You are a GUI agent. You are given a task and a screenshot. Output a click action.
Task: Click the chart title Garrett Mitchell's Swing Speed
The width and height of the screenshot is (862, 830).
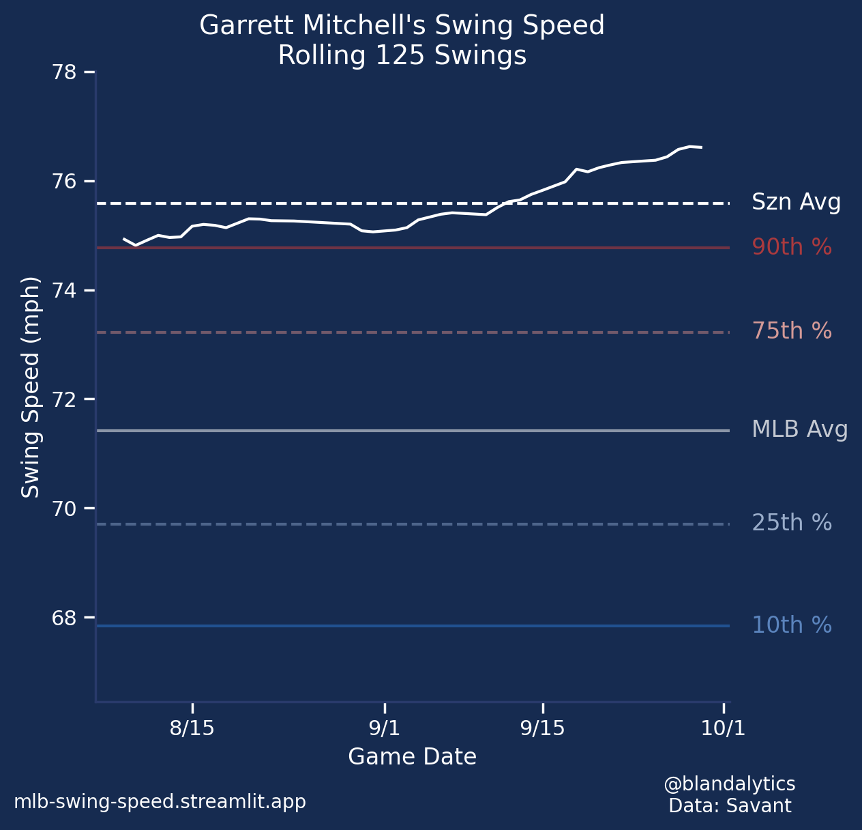click(x=402, y=26)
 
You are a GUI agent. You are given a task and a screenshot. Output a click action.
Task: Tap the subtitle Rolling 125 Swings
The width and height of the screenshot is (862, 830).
click(x=402, y=56)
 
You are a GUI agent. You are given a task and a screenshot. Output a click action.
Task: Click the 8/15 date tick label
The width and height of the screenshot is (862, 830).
click(x=192, y=728)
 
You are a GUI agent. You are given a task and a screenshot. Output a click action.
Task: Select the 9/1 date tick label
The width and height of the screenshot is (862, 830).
click(x=385, y=728)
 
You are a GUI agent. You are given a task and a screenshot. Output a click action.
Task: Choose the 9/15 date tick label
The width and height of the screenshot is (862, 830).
click(x=542, y=728)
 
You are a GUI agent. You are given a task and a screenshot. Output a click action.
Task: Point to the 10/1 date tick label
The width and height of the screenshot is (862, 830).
click(x=723, y=728)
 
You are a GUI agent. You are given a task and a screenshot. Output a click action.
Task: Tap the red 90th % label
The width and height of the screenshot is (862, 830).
click(x=792, y=247)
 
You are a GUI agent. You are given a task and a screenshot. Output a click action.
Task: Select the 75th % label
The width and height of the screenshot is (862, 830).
click(x=792, y=332)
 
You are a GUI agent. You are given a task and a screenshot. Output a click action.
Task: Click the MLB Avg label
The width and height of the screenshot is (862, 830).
click(x=799, y=430)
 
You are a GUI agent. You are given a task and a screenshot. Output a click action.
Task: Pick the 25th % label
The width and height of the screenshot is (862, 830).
click(x=792, y=524)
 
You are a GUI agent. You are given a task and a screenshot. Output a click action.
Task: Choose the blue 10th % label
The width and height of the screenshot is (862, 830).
click(x=792, y=626)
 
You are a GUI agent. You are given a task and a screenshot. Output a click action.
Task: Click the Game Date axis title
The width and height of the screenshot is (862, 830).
click(x=412, y=757)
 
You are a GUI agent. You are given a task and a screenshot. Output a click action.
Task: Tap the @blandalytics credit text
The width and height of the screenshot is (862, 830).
click(x=729, y=784)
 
